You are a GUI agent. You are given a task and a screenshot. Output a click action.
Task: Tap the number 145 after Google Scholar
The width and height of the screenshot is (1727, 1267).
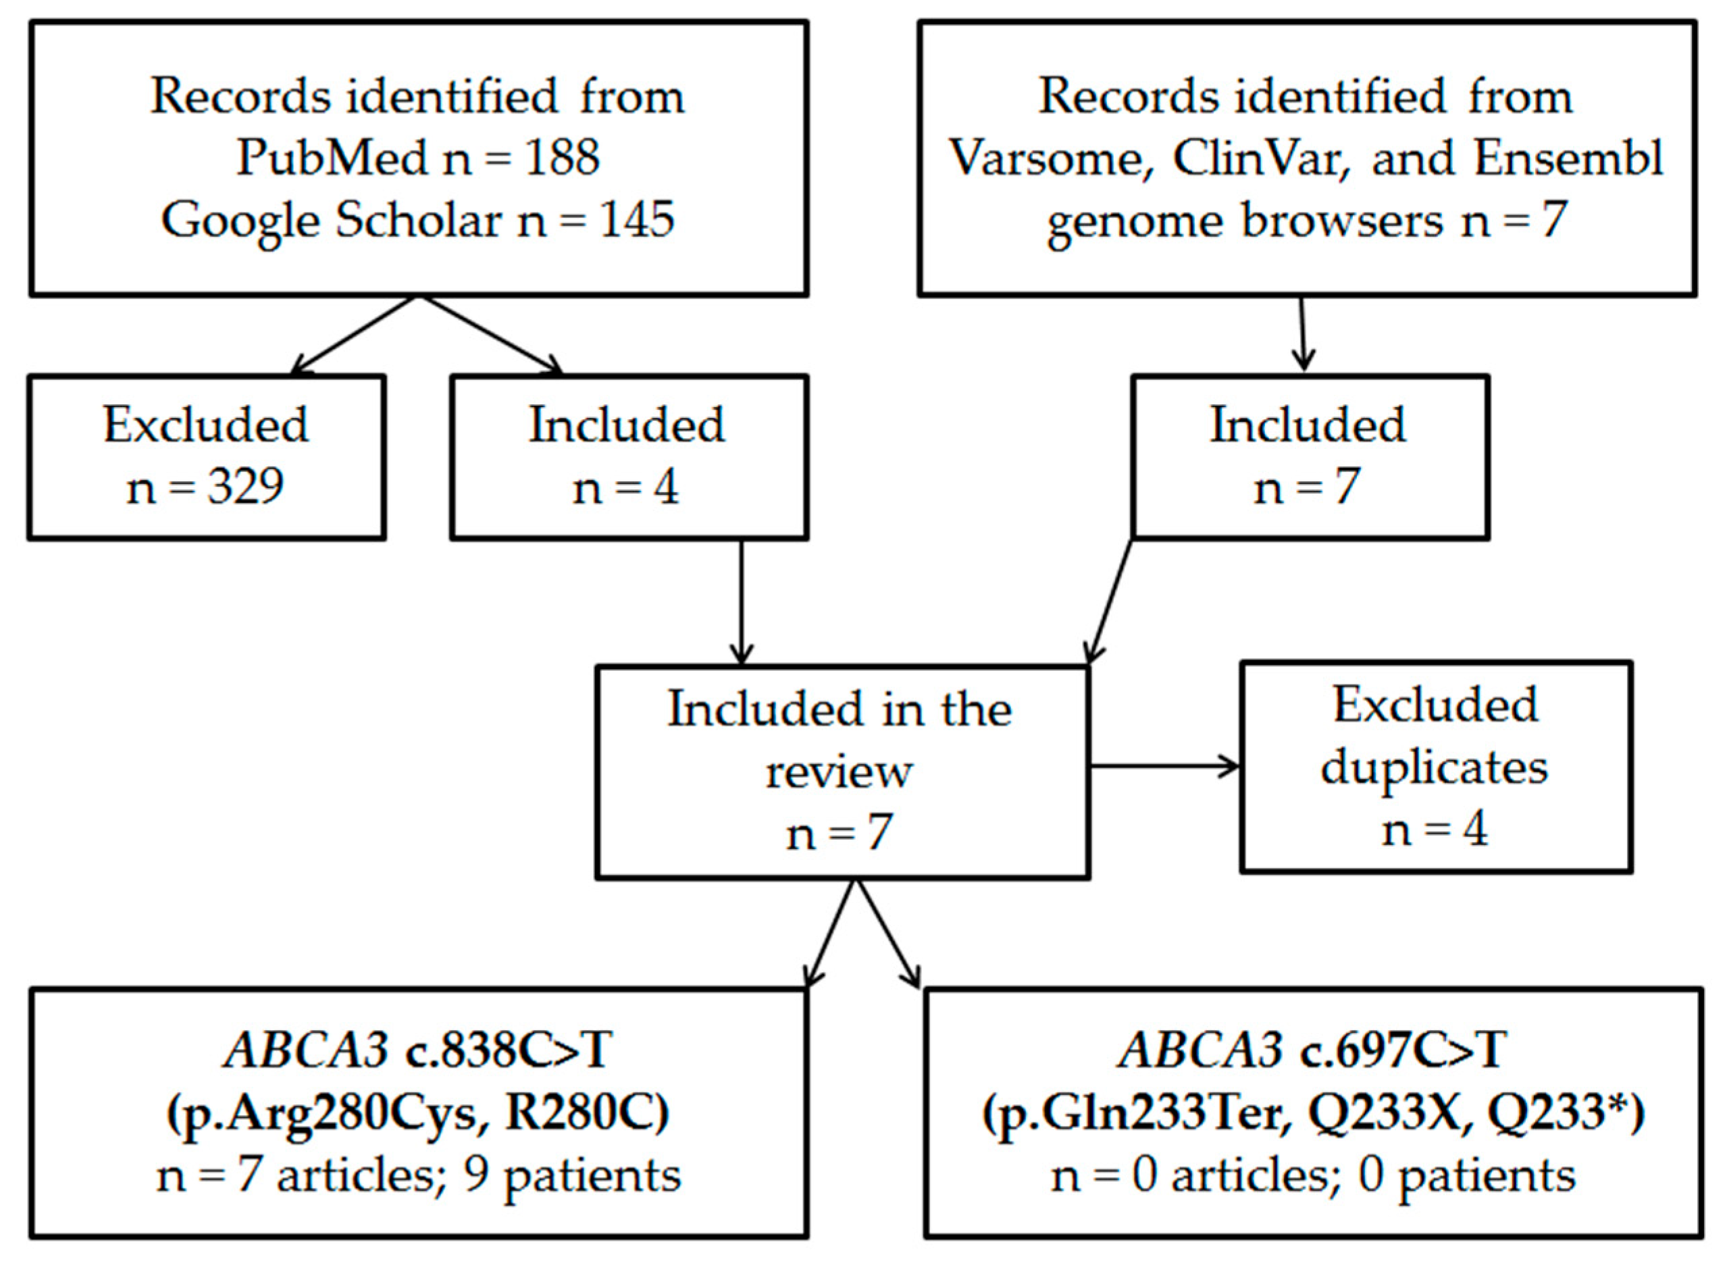coord(638,220)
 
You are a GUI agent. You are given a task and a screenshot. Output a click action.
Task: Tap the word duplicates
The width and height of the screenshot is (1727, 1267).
coord(1434,767)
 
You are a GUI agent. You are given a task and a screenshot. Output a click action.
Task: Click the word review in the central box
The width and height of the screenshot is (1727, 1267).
coord(840,771)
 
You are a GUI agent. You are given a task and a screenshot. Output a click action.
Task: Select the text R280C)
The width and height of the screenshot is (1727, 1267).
coord(587,1112)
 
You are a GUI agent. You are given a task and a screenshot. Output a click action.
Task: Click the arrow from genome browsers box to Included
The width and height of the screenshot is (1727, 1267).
coord(1302,334)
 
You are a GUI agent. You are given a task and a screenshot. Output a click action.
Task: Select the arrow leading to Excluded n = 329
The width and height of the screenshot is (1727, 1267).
coord(353,335)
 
